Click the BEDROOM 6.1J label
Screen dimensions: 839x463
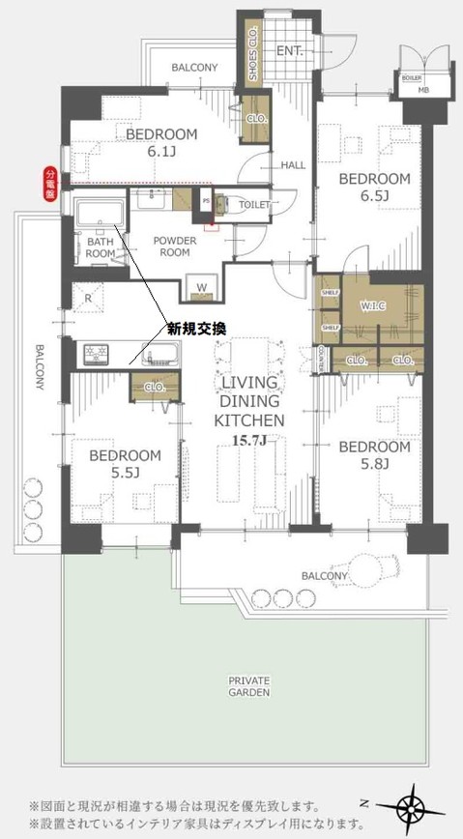161,142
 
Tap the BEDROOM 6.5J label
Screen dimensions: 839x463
373,188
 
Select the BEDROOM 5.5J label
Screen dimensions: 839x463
125,463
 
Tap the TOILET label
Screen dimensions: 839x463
254,205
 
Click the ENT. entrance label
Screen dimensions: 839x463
290,50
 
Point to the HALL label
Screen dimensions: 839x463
292,165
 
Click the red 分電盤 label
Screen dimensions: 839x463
50,184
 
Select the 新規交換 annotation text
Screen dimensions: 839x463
196,330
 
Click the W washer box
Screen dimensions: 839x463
202,287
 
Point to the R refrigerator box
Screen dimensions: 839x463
89,299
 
